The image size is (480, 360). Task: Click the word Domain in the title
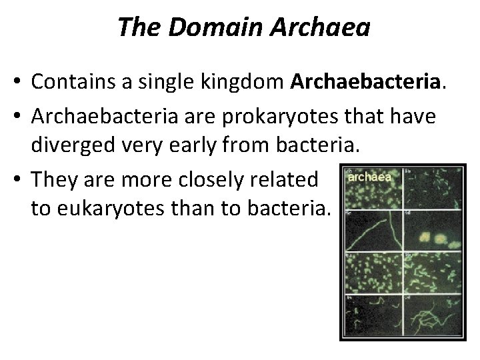pyautogui.click(x=211, y=27)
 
